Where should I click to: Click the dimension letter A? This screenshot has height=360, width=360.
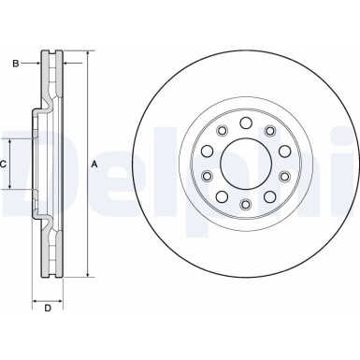pyautogui.click(x=94, y=165)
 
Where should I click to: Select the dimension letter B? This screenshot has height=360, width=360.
pyautogui.click(x=16, y=64)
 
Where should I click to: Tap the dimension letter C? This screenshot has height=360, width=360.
pyautogui.click(x=5, y=164)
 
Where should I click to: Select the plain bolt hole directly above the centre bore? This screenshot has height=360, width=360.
pyautogui.click(x=243, y=122)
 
